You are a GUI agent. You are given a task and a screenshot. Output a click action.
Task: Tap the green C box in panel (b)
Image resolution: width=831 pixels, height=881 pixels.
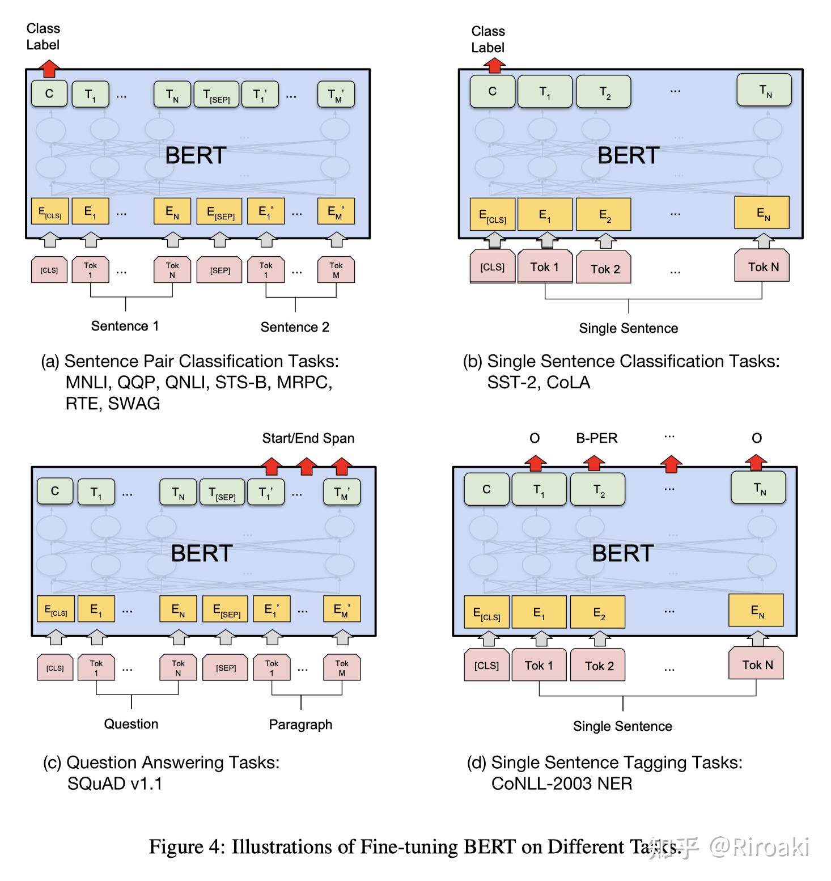pyautogui.click(x=492, y=91)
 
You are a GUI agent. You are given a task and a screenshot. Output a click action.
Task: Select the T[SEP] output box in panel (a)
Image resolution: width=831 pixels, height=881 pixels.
pyautogui.click(x=216, y=95)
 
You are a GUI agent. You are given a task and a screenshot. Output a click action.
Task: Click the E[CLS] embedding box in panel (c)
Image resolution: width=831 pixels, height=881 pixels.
pyautogui.click(x=56, y=609)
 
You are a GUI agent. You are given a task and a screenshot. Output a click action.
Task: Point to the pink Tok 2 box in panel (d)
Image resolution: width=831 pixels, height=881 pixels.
pyautogui.click(x=599, y=666)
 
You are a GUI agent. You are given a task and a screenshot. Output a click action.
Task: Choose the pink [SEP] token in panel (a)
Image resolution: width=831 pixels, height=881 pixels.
pyautogui.click(x=220, y=270)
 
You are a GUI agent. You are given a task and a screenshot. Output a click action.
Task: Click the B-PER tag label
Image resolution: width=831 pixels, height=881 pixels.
pyautogui.click(x=596, y=438)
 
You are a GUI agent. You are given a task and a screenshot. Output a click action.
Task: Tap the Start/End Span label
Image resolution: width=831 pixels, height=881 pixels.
pyautogui.click(x=308, y=438)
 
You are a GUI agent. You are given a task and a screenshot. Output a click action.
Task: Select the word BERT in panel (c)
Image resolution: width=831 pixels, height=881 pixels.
pyautogui.click(x=201, y=553)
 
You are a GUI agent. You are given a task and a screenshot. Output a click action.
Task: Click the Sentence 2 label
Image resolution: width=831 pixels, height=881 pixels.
pyautogui.click(x=295, y=327)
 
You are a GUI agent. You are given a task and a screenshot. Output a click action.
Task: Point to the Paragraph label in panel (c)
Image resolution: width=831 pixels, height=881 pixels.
pyautogui.click(x=300, y=725)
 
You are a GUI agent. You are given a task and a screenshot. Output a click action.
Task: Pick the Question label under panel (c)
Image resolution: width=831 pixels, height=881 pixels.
pyautogui.click(x=131, y=724)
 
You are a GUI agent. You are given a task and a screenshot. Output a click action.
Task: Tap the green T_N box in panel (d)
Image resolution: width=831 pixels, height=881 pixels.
pyautogui.click(x=758, y=488)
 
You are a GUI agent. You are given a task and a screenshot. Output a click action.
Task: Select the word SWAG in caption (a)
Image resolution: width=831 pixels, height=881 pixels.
pyautogui.click(x=134, y=404)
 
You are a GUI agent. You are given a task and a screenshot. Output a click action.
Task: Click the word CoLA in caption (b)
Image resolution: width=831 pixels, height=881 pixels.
pyautogui.click(x=569, y=383)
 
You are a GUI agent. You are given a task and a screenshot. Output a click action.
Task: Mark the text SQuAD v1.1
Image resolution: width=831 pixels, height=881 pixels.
pyautogui.click(x=115, y=783)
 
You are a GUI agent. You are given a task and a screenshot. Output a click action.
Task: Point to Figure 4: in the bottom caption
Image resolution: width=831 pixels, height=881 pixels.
pyautogui.click(x=186, y=846)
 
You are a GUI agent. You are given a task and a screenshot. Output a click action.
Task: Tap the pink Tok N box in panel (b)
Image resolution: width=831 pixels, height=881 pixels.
pyautogui.click(x=762, y=267)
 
